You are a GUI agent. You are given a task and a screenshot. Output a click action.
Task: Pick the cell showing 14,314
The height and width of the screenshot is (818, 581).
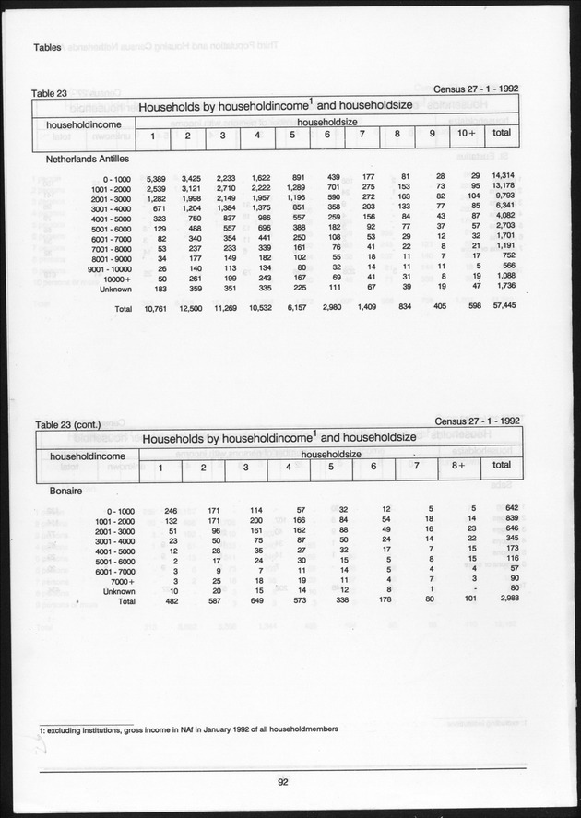pos(503,175)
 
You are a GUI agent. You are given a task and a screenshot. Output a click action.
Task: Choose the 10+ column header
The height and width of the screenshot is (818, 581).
pos(467,136)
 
